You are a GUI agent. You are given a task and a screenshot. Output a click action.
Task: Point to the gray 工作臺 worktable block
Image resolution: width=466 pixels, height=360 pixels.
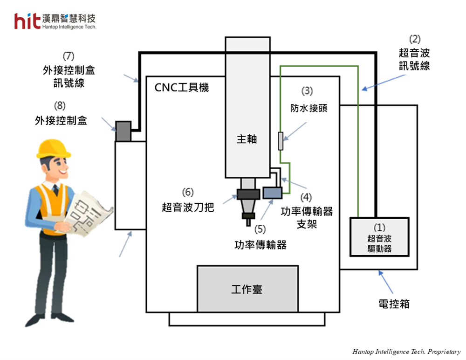(x=247, y=289)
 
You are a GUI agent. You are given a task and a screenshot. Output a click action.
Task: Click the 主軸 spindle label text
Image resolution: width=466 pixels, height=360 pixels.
(x=247, y=139)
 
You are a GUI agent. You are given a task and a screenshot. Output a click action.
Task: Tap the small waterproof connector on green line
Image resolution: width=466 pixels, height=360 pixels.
(x=280, y=141)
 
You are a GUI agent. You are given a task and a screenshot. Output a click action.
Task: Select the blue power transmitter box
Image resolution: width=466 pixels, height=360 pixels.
(x=272, y=192)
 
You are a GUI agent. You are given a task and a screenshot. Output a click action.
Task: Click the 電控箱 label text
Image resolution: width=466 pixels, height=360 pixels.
(x=394, y=304)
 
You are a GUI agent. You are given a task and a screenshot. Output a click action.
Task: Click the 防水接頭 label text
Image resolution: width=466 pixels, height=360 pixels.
(x=308, y=108)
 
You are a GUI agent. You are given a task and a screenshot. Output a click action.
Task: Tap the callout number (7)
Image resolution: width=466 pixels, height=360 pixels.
(x=69, y=56)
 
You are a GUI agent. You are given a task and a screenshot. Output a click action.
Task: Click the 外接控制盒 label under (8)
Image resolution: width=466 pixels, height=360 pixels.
(x=61, y=120)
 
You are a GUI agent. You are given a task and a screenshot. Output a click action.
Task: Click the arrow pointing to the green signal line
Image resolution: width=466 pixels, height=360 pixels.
(x=380, y=85)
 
